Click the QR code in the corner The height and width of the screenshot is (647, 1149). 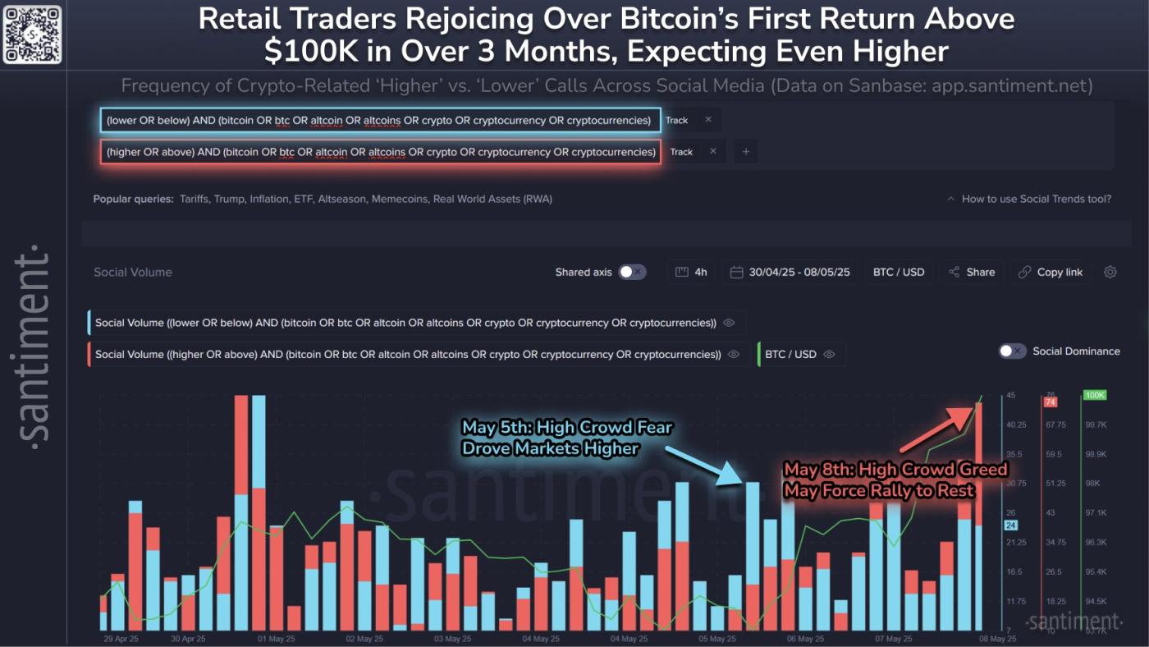pos(32,34)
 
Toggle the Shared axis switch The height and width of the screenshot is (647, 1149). pos(632,272)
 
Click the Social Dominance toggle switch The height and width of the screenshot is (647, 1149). pos(1012,351)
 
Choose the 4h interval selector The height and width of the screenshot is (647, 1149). pos(692,272)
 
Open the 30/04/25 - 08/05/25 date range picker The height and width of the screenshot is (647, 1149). pos(790,272)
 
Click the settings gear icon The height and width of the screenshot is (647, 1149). pos(1110,272)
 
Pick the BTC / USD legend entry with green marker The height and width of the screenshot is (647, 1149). pos(791,355)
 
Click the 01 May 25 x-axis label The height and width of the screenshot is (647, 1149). pos(275,638)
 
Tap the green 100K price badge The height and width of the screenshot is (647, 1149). pos(1095,395)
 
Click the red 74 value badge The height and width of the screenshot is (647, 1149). pos(1050,402)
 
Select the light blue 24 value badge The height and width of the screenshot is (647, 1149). pos(1010,525)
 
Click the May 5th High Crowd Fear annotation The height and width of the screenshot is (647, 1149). pos(567,438)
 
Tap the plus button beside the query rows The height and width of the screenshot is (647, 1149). pos(746,152)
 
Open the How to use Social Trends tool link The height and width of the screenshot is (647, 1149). pos(1036,199)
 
